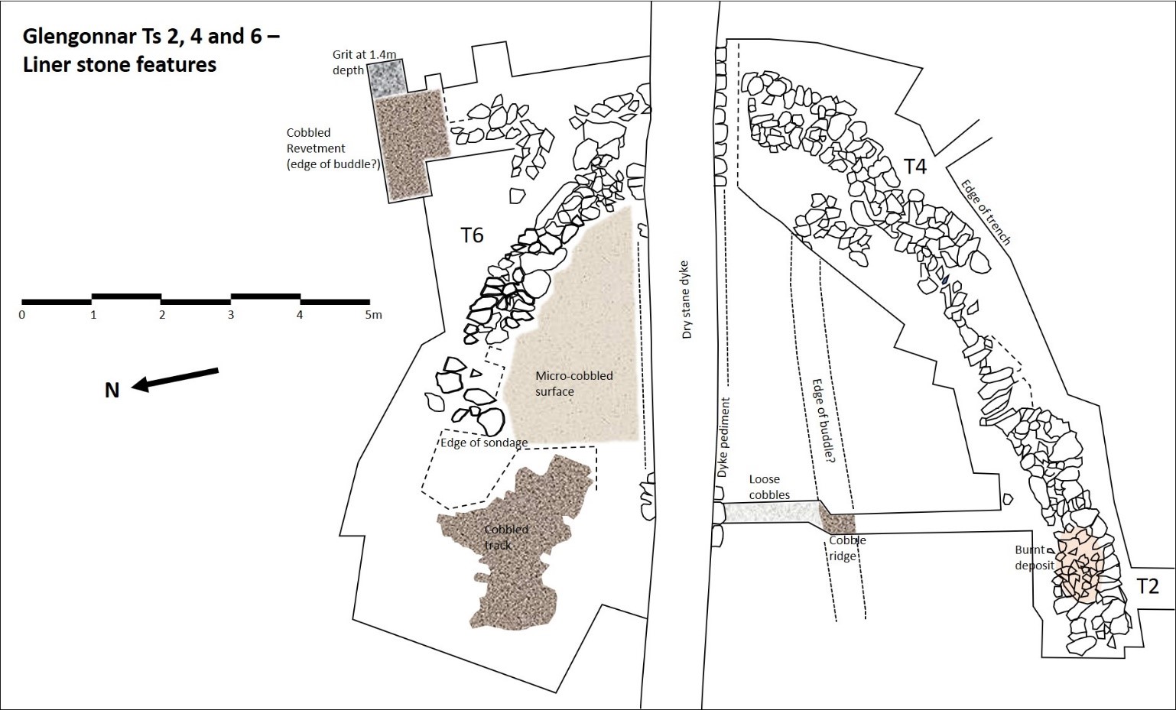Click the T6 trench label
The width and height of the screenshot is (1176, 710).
tap(472, 235)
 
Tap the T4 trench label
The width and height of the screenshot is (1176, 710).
tap(914, 166)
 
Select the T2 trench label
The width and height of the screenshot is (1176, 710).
tap(1148, 586)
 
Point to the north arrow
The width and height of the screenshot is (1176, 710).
tap(175, 379)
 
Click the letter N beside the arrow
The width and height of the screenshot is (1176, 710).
tap(112, 391)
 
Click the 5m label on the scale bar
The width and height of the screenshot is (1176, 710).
tap(372, 315)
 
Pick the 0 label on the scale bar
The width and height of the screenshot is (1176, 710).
tap(22, 315)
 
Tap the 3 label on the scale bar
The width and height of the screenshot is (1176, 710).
tap(231, 315)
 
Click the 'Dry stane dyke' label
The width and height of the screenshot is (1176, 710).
tap(686, 299)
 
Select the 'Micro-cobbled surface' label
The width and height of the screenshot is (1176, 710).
tap(573, 384)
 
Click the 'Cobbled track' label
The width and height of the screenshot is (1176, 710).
tap(505, 537)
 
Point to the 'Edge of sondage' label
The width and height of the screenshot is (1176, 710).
tap(483, 443)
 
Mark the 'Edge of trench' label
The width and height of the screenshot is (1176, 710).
tap(986, 212)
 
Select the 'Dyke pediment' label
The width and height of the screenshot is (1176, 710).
tap(723, 438)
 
